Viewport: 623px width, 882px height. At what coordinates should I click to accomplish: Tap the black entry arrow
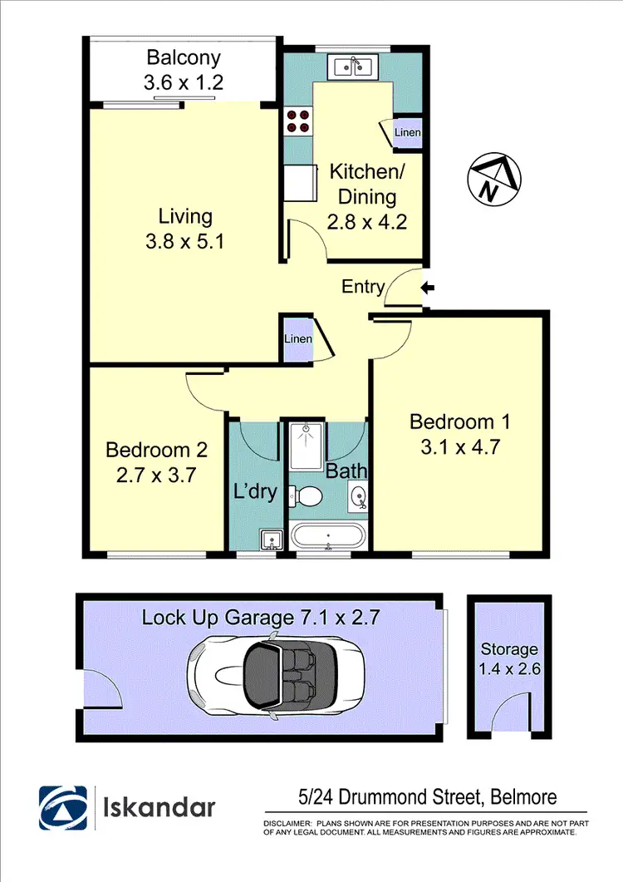tap(428, 288)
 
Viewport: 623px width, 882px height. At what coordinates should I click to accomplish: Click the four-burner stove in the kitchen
tap(298, 121)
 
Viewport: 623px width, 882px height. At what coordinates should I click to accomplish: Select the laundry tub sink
tap(270, 541)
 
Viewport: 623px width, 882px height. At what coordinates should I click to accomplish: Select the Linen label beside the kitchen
tap(407, 133)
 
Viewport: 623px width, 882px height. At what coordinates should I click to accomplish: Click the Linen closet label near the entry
tap(297, 339)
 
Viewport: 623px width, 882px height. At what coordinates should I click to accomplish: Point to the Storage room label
tap(509, 648)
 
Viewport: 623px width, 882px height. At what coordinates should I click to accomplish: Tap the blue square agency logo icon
tap(62, 807)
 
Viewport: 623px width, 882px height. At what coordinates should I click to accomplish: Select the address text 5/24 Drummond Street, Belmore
tap(427, 798)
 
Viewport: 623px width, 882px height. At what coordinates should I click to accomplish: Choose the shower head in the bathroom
tap(307, 430)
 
